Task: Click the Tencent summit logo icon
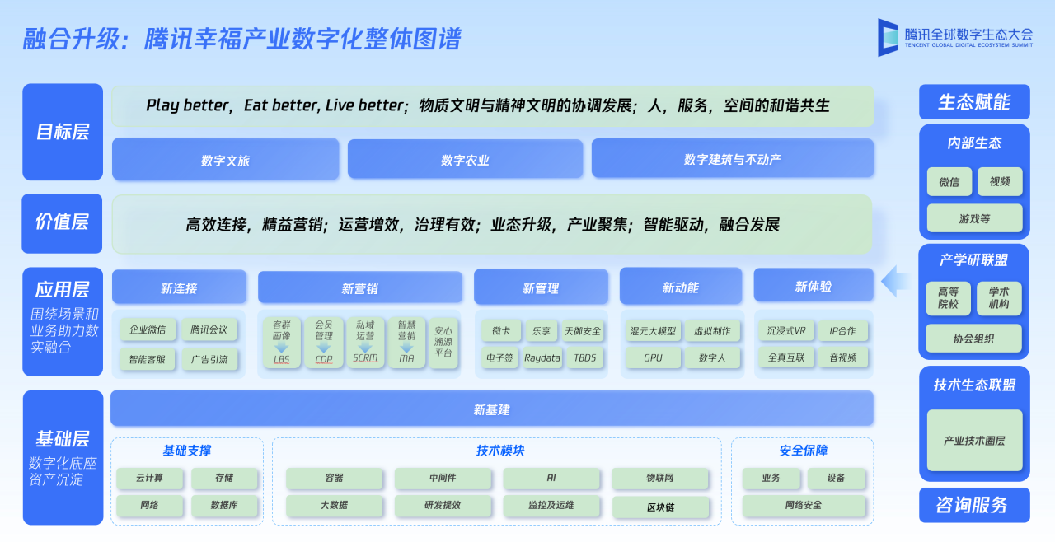889,37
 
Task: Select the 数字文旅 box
225,159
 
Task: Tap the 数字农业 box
465,159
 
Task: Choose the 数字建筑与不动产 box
732,158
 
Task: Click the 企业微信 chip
148,330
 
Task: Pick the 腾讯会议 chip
209,330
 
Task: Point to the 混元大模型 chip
653,331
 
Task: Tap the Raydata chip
542,357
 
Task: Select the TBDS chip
584,357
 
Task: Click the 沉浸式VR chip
785,331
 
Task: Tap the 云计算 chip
149,478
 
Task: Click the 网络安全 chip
804,505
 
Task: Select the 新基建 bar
491,409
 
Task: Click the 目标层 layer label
63,132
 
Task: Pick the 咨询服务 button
973,505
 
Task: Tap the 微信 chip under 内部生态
949,182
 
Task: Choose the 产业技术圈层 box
974,441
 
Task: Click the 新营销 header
359,288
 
